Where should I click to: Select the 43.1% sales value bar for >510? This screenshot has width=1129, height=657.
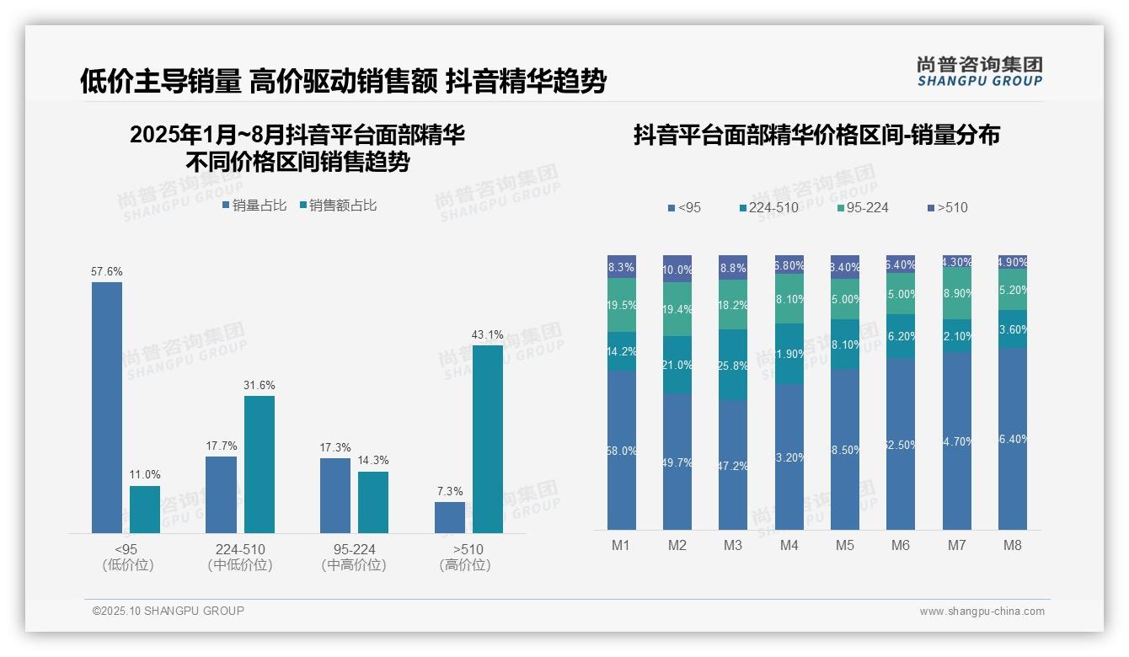(487, 439)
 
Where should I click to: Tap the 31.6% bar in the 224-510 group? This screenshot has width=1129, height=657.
(260, 464)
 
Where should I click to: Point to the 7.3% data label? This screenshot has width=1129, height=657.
(450, 492)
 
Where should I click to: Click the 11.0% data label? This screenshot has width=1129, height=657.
(145, 475)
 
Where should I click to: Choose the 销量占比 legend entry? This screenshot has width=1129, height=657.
(254, 206)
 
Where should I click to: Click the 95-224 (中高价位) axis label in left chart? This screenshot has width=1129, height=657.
(354, 557)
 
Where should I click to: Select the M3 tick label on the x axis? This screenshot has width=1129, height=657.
(733, 545)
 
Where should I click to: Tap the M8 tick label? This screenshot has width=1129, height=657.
(1012, 545)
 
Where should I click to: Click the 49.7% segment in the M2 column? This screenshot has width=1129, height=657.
(677, 462)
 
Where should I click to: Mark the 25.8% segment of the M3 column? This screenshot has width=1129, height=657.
(733, 365)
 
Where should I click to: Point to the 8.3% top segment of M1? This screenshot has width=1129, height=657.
(622, 267)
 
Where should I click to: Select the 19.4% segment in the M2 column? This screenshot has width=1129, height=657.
(677, 309)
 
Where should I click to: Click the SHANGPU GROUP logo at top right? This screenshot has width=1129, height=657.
(979, 72)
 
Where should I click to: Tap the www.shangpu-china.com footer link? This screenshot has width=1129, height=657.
(982, 612)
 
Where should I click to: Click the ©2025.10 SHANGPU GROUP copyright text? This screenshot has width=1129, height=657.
(169, 611)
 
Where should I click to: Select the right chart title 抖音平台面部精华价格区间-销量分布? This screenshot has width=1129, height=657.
(816, 136)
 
